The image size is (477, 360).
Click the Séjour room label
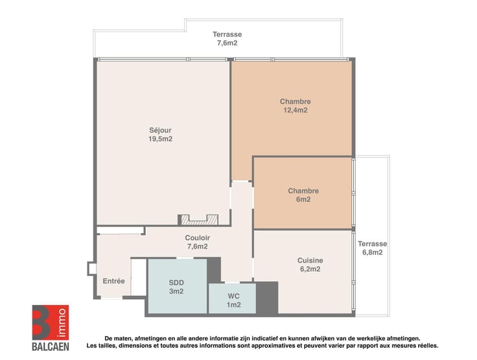pyautogui.click(x=160, y=130)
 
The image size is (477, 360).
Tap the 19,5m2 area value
pyautogui.click(x=160, y=139)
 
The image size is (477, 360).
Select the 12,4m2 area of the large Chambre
pyautogui.click(x=296, y=110)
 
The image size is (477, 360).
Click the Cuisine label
pyautogui.click(x=310, y=260)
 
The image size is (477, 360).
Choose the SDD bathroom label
pyautogui.click(x=176, y=282)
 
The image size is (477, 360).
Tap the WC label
pyautogui.click(x=233, y=296)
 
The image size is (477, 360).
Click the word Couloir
pyautogui.click(x=198, y=238)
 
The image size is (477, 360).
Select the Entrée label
pyautogui.click(x=114, y=281)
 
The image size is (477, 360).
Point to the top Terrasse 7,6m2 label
pyautogui.click(x=227, y=39)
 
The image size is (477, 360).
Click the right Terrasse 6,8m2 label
pyautogui.click(x=373, y=248)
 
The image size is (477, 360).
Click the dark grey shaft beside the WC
pyautogui.click(x=267, y=298)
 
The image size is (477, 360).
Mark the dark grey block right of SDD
pyautogui.click(x=214, y=270)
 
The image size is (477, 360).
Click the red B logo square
pyautogui.click(x=51, y=322)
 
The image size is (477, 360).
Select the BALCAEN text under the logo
pyautogui.click(x=51, y=346)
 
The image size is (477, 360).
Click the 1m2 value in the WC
pyautogui.click(x=233, y=305)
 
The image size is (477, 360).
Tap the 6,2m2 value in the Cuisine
pyautogui.click(x=310, y=269)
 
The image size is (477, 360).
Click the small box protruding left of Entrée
pyautogui.click(x=91, y=269)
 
